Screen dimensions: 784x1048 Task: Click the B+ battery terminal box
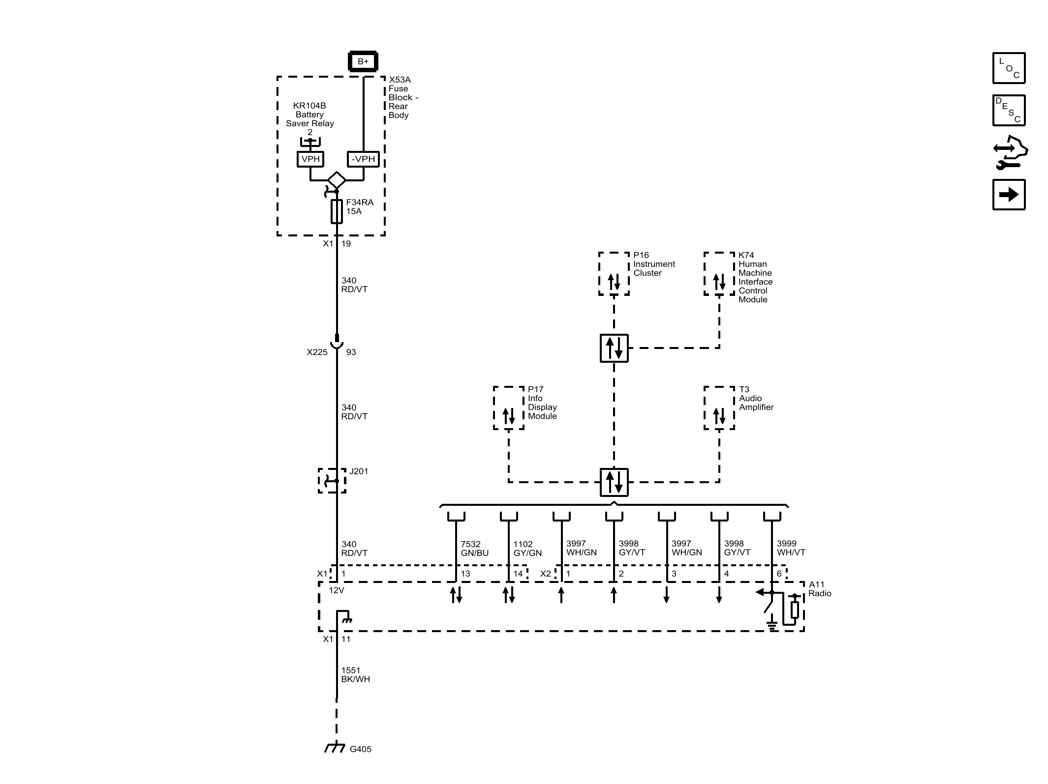(x=363, y=61)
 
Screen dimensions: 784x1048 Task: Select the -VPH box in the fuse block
(x=363, y=159)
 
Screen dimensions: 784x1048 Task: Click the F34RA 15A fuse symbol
(x=337, y=211)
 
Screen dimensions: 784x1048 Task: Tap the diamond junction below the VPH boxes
(x=337, y=180)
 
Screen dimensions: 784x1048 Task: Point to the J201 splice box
(x=332, y=481)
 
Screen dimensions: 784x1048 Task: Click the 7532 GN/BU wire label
(x=474, y=548)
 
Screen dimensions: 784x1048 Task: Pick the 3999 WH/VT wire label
(x=791, y=548)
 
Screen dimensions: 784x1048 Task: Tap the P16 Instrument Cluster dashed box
(x=614, y=274)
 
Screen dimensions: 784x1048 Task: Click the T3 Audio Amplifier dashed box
(x=719, y=408)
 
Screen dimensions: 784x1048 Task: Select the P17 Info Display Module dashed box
(x=508, y=408)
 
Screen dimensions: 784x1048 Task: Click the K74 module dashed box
(x=719, y=274)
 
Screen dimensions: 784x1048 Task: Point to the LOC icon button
(x=1009, y=68)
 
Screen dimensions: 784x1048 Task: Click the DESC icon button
(x=1009, y=110)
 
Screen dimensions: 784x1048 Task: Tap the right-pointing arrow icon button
(x=1009, y=195)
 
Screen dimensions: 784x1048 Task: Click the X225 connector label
(x=317, y=352)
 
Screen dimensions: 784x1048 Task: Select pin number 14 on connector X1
(x=518, y=574)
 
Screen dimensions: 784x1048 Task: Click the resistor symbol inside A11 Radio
(x=794, y=610)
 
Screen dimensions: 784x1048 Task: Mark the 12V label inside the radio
(x=337, y=590)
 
